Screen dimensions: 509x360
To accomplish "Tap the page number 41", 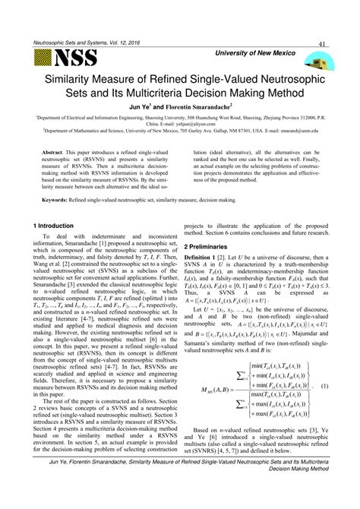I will (x=323, y=44).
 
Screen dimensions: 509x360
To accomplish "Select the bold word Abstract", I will (x=56, y=152).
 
